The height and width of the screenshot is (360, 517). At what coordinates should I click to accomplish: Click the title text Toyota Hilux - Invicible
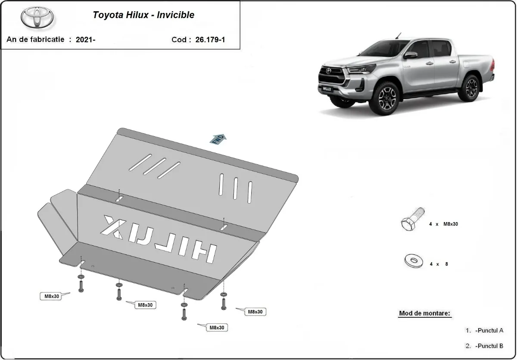click(143, 15)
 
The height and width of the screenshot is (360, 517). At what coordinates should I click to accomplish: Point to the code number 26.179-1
click(210, 40)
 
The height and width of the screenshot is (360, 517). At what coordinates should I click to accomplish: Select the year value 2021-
click(86, 40)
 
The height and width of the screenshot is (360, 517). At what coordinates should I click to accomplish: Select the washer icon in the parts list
click(414, 260)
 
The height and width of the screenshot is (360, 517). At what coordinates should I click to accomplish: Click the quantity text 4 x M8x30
click(443, 224)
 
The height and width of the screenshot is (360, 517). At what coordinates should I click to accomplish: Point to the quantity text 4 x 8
click(439, 264)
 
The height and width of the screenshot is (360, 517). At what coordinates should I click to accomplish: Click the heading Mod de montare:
click(425, 313)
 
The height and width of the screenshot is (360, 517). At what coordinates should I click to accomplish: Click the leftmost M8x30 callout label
click(50, 296)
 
